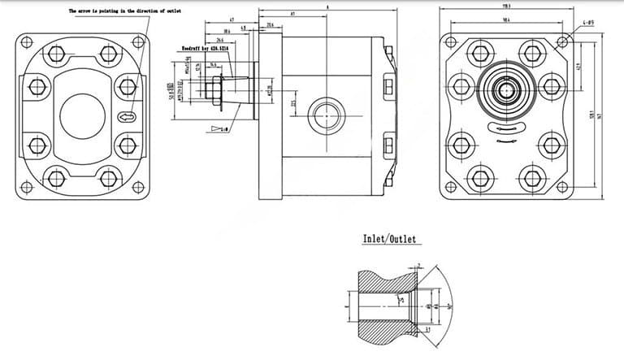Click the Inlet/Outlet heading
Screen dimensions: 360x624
pos(388,239)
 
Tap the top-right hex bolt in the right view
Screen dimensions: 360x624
pos(532,54)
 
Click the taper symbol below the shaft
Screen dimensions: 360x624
pos(218,128)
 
